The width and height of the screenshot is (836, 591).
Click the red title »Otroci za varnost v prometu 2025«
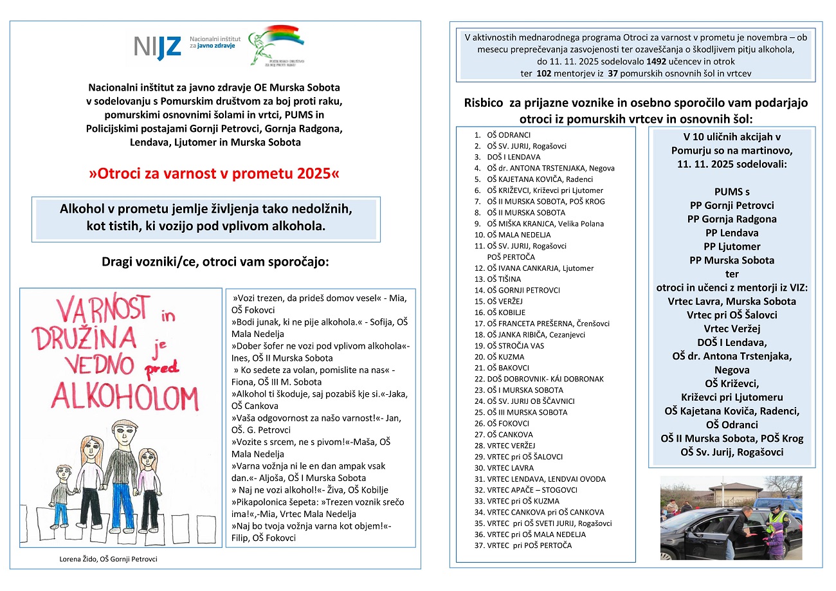(213, 174)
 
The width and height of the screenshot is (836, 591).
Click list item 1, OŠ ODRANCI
(509, 135)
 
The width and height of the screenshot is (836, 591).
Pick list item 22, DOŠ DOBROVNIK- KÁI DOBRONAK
(545, 379)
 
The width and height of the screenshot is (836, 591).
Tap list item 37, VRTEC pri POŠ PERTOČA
(529, 545)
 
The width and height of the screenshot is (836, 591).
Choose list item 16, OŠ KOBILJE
(507, 312)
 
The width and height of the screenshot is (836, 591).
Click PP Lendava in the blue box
(731, 233)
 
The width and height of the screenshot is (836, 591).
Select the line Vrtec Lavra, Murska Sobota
(731, 301)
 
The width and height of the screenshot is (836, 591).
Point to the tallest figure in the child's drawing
(120, 473)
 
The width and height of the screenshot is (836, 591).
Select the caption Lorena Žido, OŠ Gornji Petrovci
(108, 559)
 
